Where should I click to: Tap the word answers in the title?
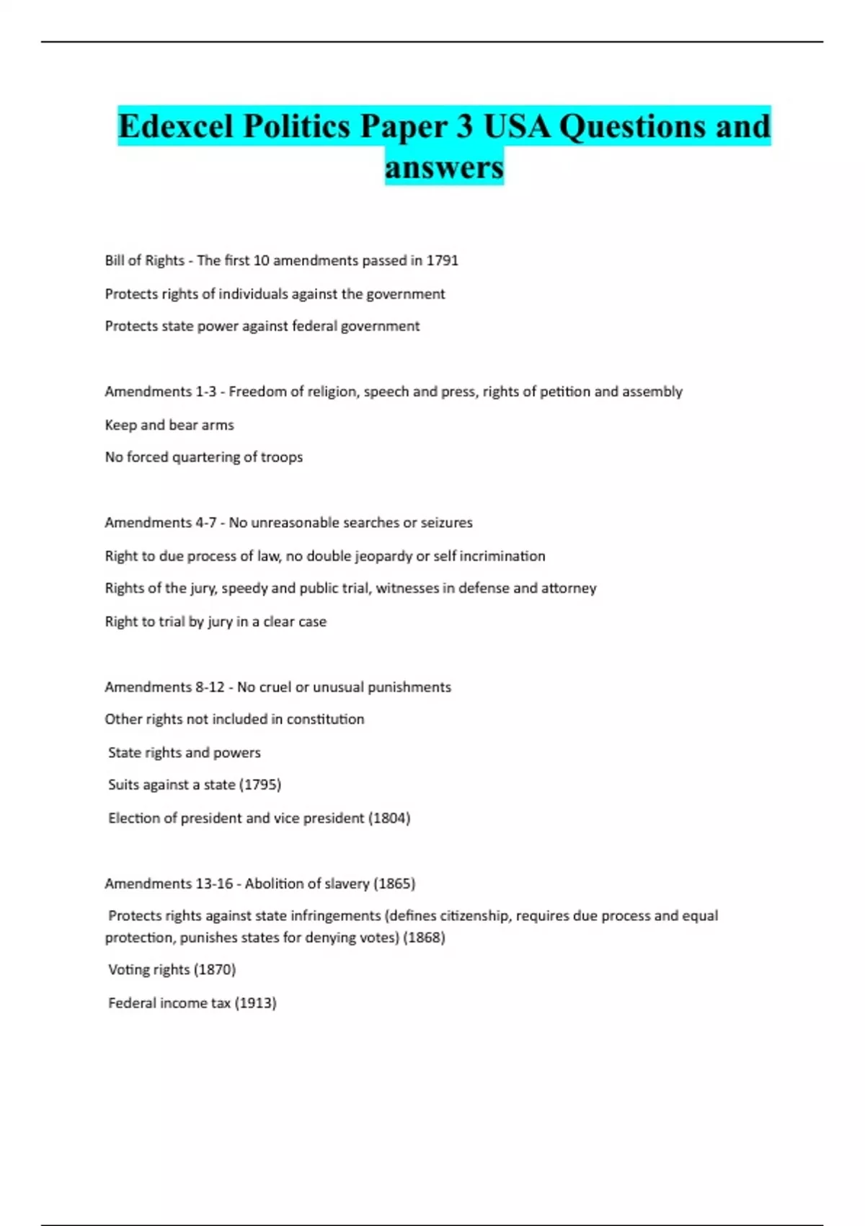click(x=444, y=167)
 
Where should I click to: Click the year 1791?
click(x=442, y=260)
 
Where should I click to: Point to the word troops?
click(x=283, y=457)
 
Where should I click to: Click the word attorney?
click(x=569, y=588)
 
